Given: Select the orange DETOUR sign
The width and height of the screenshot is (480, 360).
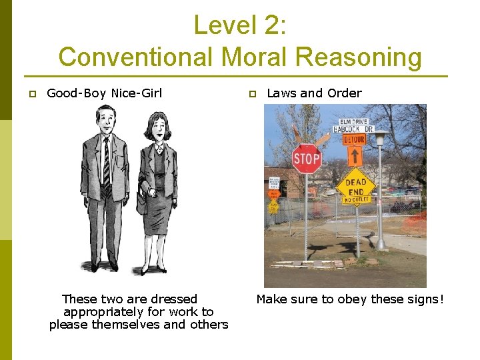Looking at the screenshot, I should pyautogui.click(x=354, y=140).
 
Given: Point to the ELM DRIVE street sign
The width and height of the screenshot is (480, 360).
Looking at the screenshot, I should pyautogui.click(x=354, y=122).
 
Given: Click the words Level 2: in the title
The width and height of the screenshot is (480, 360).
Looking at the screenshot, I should pyautogui.click(x=240, y=25).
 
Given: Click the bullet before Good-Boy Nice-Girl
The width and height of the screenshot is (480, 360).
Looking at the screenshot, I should pyautogui.click(x=31, y=94).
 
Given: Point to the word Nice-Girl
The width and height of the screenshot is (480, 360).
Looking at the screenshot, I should pyautogui.click(x=137, y=93).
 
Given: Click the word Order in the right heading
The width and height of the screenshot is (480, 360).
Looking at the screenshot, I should pyautogui.click(x=344, y=93).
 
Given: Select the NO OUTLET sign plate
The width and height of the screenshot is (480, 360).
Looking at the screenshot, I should pyautogui.click(x=355, y=199).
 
